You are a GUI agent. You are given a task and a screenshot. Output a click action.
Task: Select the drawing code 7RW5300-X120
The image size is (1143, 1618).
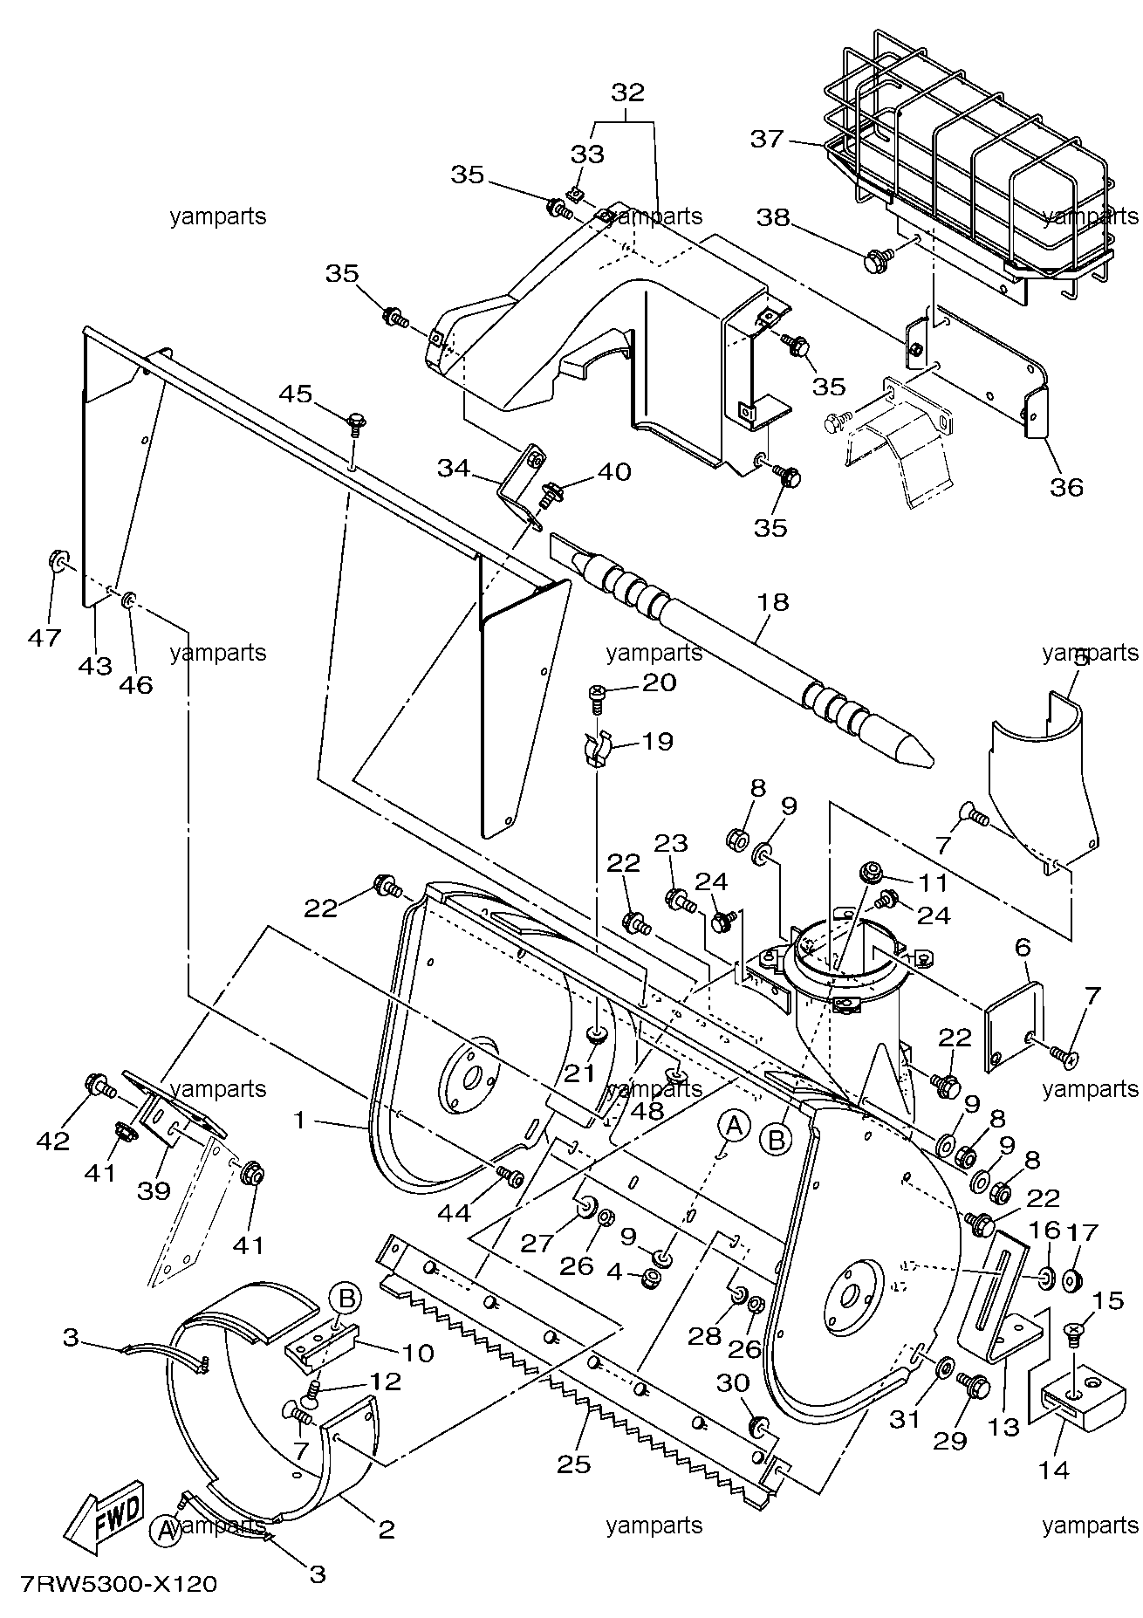[x=114, y=1584]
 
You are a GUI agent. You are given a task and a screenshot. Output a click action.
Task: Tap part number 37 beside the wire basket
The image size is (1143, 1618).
[x=768, y=139]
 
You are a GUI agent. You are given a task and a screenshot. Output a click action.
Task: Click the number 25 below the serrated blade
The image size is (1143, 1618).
[x=572, y=1463]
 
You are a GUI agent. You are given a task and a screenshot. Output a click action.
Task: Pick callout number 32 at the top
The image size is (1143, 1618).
[x=627, y=93]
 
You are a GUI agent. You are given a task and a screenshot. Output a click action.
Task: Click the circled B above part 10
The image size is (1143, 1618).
[x=346, y=1300]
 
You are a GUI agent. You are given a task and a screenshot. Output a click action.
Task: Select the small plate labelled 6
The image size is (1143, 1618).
[x=1014, y=1026]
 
